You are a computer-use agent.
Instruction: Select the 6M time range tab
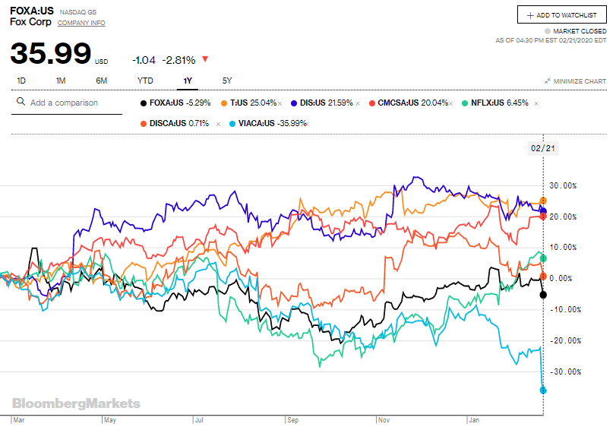pyautogui.click(x=101, y=81)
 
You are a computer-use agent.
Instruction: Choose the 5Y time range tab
pyautogui.click(x=227, y=81)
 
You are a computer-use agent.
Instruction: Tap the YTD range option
pyautogui.click(x=145, y=81)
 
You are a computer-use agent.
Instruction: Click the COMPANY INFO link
pyautogui.click(x=81, y=23)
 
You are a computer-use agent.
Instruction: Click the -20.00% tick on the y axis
pyautogui.click(x=566, y=340)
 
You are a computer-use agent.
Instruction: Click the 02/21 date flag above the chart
pyautogui.click(x=543, y=148)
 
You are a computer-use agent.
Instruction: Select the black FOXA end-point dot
pyautogui.click(x=543, y=294)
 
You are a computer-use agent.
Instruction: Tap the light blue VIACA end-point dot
pyautogui.click(x=543, y=390)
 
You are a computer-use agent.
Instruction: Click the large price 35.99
pyautogui.click(x=50, y=55)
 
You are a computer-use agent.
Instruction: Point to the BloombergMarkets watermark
pyautogui.click(x=76, y=403)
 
